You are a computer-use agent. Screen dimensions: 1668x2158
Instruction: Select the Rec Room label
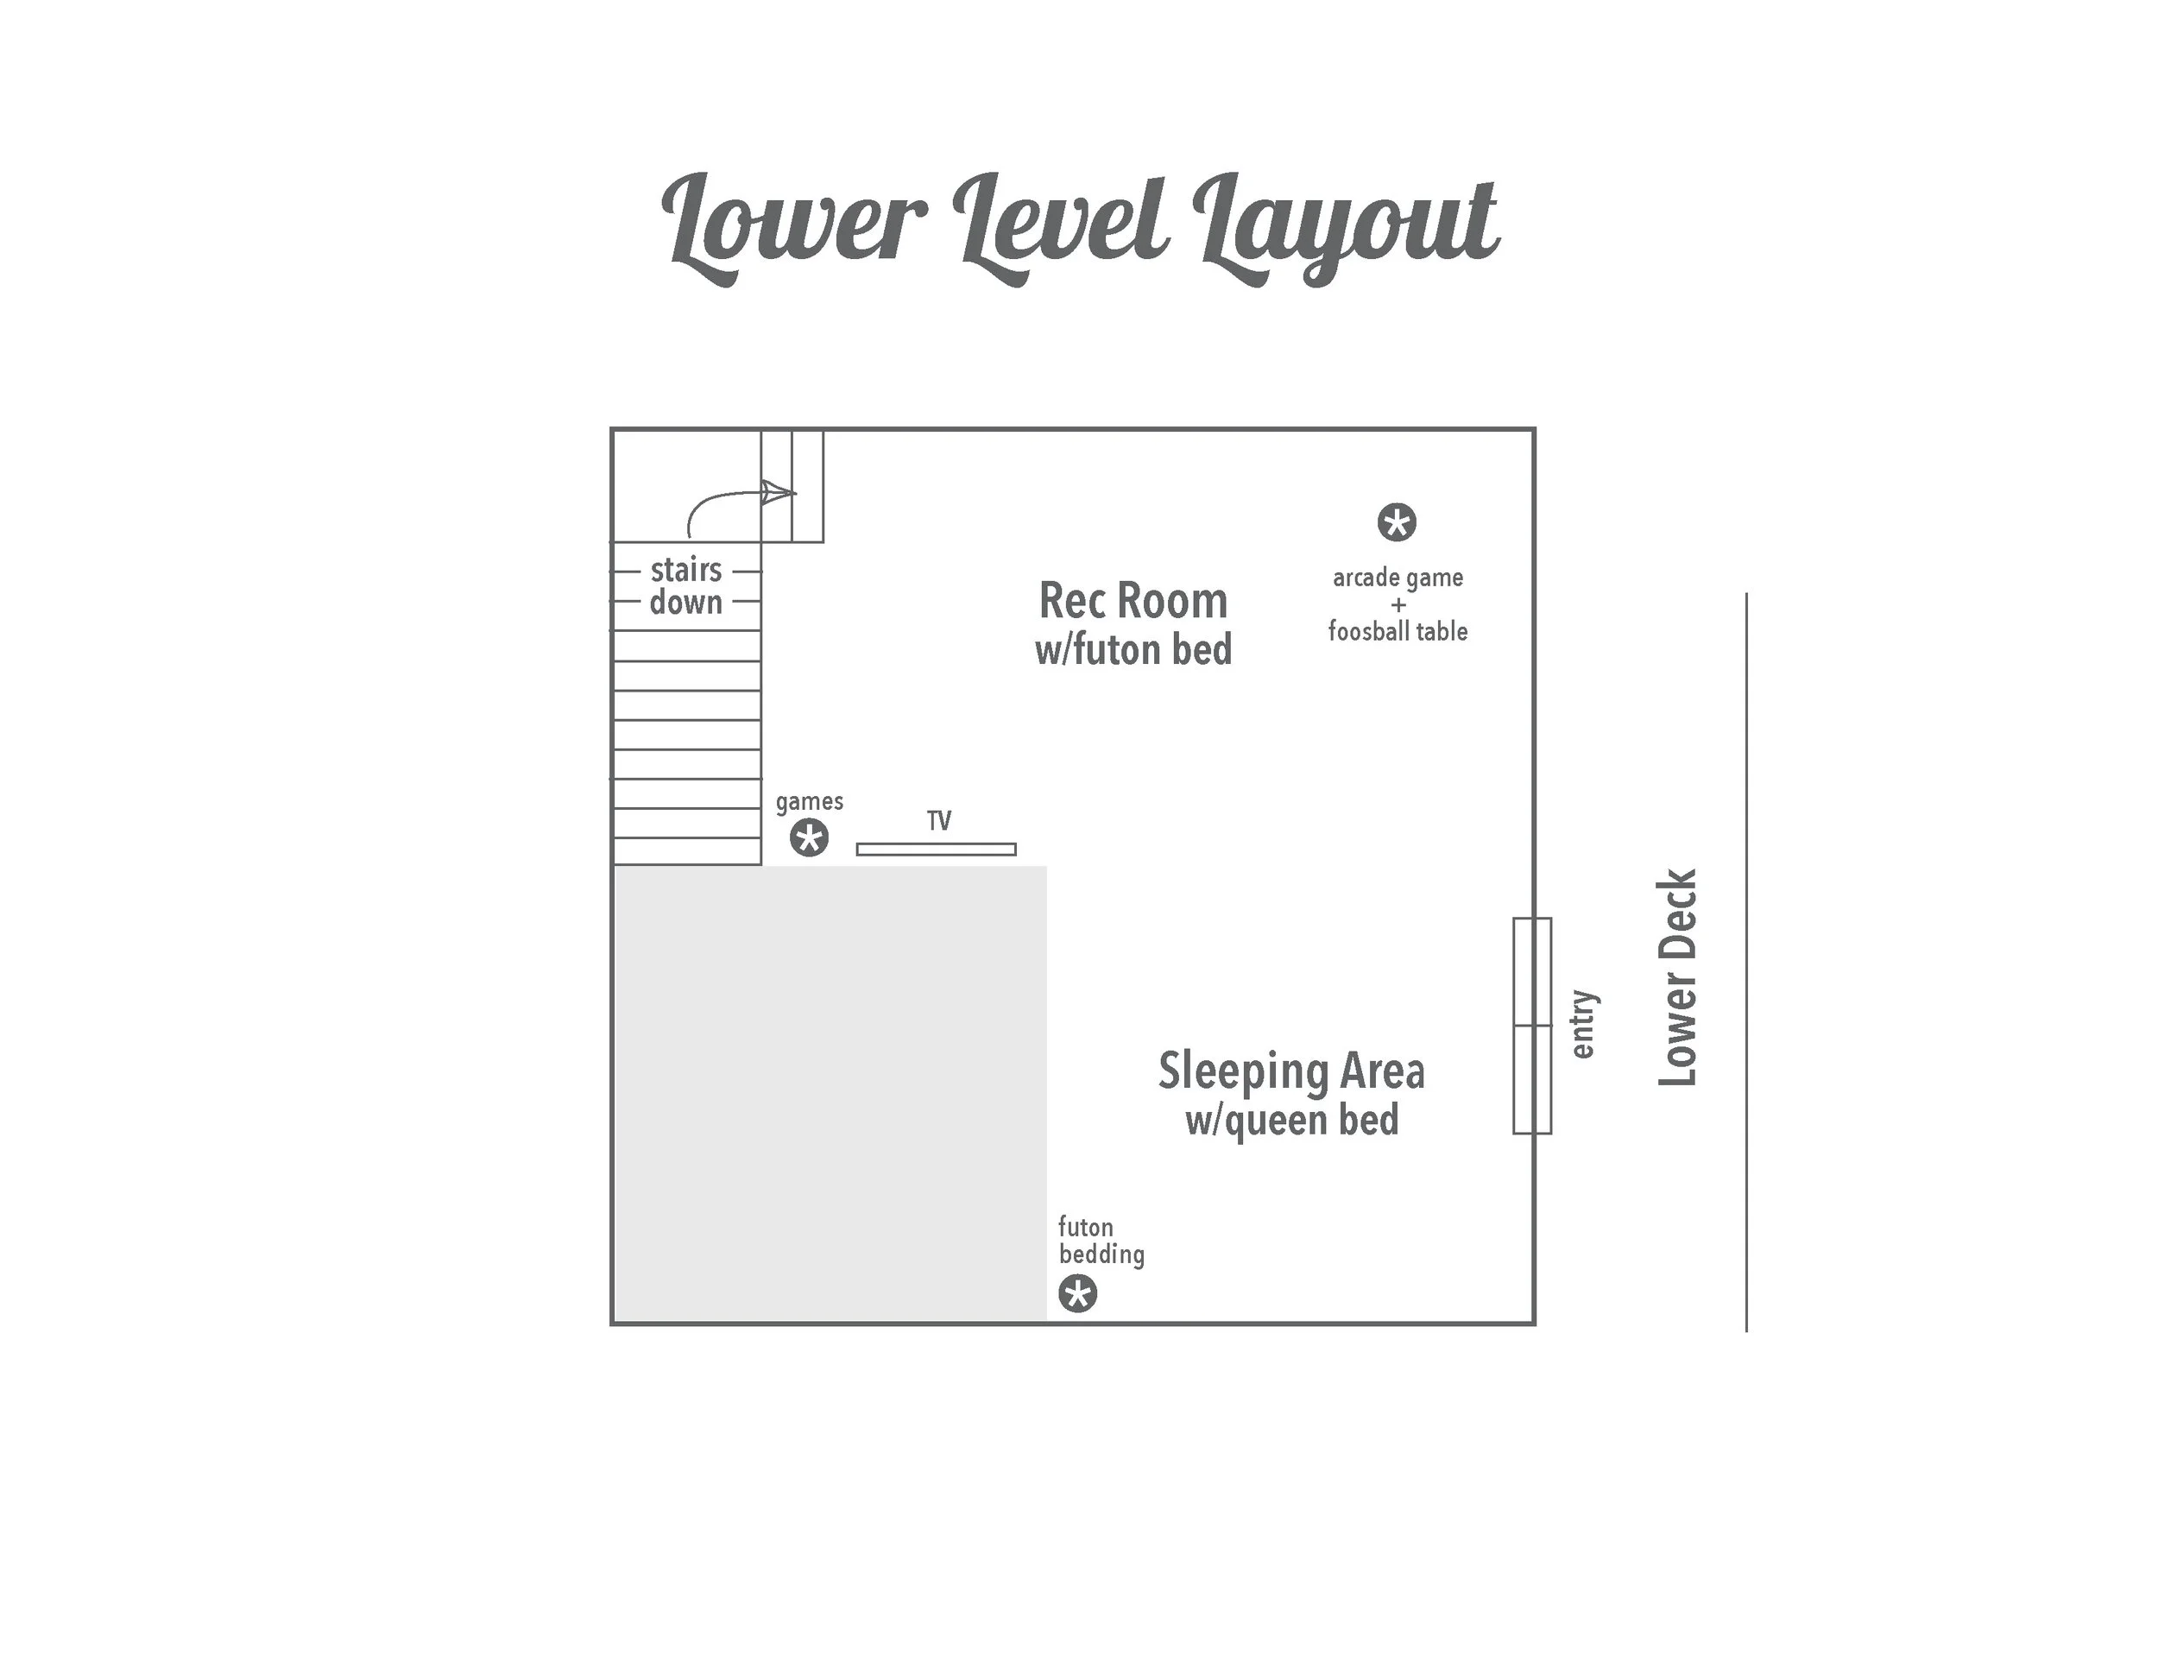point(1133,601)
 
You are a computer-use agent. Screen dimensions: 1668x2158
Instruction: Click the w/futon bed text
point(1133,650)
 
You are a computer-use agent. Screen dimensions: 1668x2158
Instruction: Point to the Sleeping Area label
point(1290,1071)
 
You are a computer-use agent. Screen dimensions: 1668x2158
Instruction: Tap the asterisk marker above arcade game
point(1396,521)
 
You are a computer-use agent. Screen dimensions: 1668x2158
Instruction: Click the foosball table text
point(1398,631)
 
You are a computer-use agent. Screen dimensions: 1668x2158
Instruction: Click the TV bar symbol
point(935,849)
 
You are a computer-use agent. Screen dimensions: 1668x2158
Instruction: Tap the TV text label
point(938,820)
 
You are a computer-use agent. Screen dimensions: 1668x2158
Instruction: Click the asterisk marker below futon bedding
point(1077,1293)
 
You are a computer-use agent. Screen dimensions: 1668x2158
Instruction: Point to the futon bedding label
point(1100,1242)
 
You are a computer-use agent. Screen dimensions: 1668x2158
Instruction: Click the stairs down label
point(685,586)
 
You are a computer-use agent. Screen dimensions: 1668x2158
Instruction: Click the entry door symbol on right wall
point(1531,1025)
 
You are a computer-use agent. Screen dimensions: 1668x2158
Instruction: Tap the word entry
point(1583,1024)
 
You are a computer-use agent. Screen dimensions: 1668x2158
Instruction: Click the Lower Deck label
point(1677,977)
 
